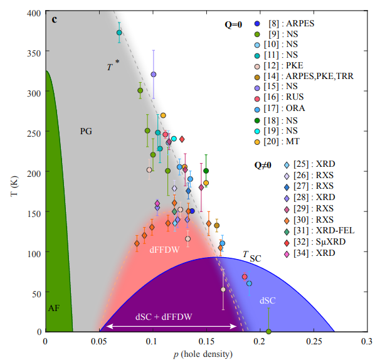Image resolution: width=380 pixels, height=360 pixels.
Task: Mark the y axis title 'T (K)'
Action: pyautogui.click(x=12, y=172)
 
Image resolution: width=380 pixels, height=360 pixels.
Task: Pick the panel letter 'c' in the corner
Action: pyautogui.click(x=55, y=19)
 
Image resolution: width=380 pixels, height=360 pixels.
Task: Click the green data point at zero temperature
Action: pyautogui.click(x=268, y=331)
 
